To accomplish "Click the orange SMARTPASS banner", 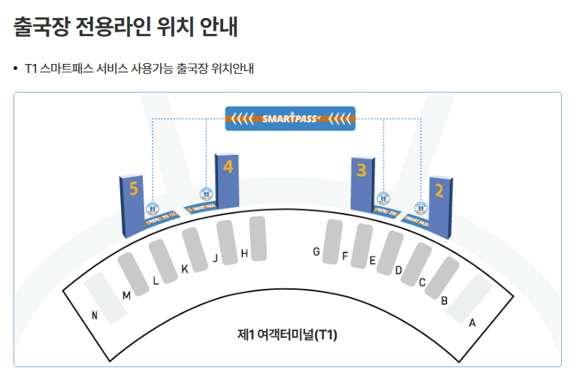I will click(290, 118).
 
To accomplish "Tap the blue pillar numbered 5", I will click(132, 204).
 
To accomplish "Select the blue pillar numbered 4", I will click(227, 181).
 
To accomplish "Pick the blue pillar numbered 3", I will click(362, 184).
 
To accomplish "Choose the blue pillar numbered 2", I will click(440, 204).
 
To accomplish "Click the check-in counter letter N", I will click(95, 316).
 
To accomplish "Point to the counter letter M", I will click(126, 296).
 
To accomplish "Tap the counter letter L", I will click(156, 281).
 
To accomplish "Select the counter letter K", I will click(184, 269).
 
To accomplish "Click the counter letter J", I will click(215, 259).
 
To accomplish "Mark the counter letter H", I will click(244, 254).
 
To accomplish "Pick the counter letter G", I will click(317, 251).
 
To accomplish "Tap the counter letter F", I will click(345, 256).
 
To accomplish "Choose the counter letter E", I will click(372, 261).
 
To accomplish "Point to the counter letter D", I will click(398, 270).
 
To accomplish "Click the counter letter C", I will click(422, 283).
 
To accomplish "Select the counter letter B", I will click(445, 300).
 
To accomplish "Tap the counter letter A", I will click(472, 323).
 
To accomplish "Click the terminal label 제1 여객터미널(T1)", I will click(287, 335).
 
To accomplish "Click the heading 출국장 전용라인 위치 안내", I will click(125, 28).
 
